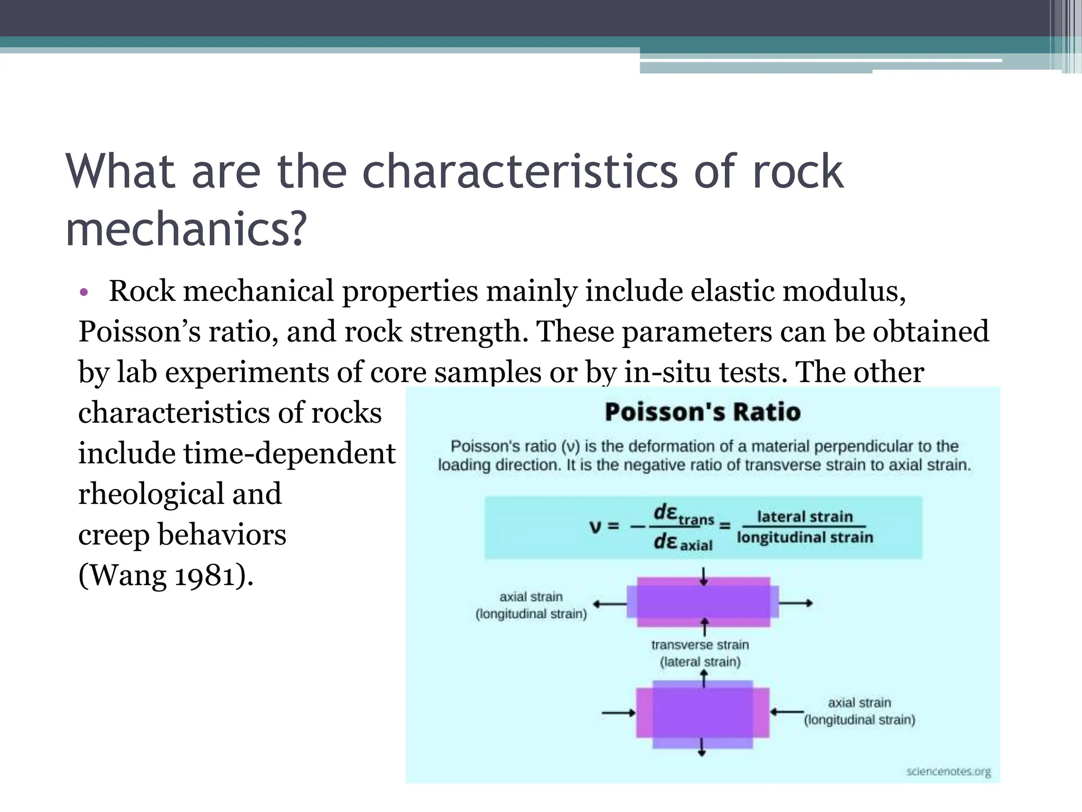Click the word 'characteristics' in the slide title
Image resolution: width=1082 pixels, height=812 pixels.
point(519,172)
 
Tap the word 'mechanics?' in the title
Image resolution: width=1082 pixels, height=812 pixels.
point(186,229)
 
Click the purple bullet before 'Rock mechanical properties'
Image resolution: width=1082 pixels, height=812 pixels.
point(84,292)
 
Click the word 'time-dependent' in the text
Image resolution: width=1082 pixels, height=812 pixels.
point(289,453)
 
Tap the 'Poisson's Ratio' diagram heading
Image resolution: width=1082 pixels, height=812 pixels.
point(702,412)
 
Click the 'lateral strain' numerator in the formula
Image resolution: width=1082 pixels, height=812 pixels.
point(805,516)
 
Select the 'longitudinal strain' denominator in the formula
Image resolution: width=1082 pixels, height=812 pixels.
point(805,538)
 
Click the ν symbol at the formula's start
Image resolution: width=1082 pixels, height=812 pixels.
point(595,527)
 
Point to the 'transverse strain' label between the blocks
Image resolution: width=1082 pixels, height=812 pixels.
point(700,645)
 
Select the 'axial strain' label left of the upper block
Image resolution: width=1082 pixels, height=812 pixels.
point(531,597)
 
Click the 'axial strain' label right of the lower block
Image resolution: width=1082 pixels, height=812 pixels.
point(859,703)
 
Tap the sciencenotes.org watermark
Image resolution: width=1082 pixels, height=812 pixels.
point(948,772)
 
